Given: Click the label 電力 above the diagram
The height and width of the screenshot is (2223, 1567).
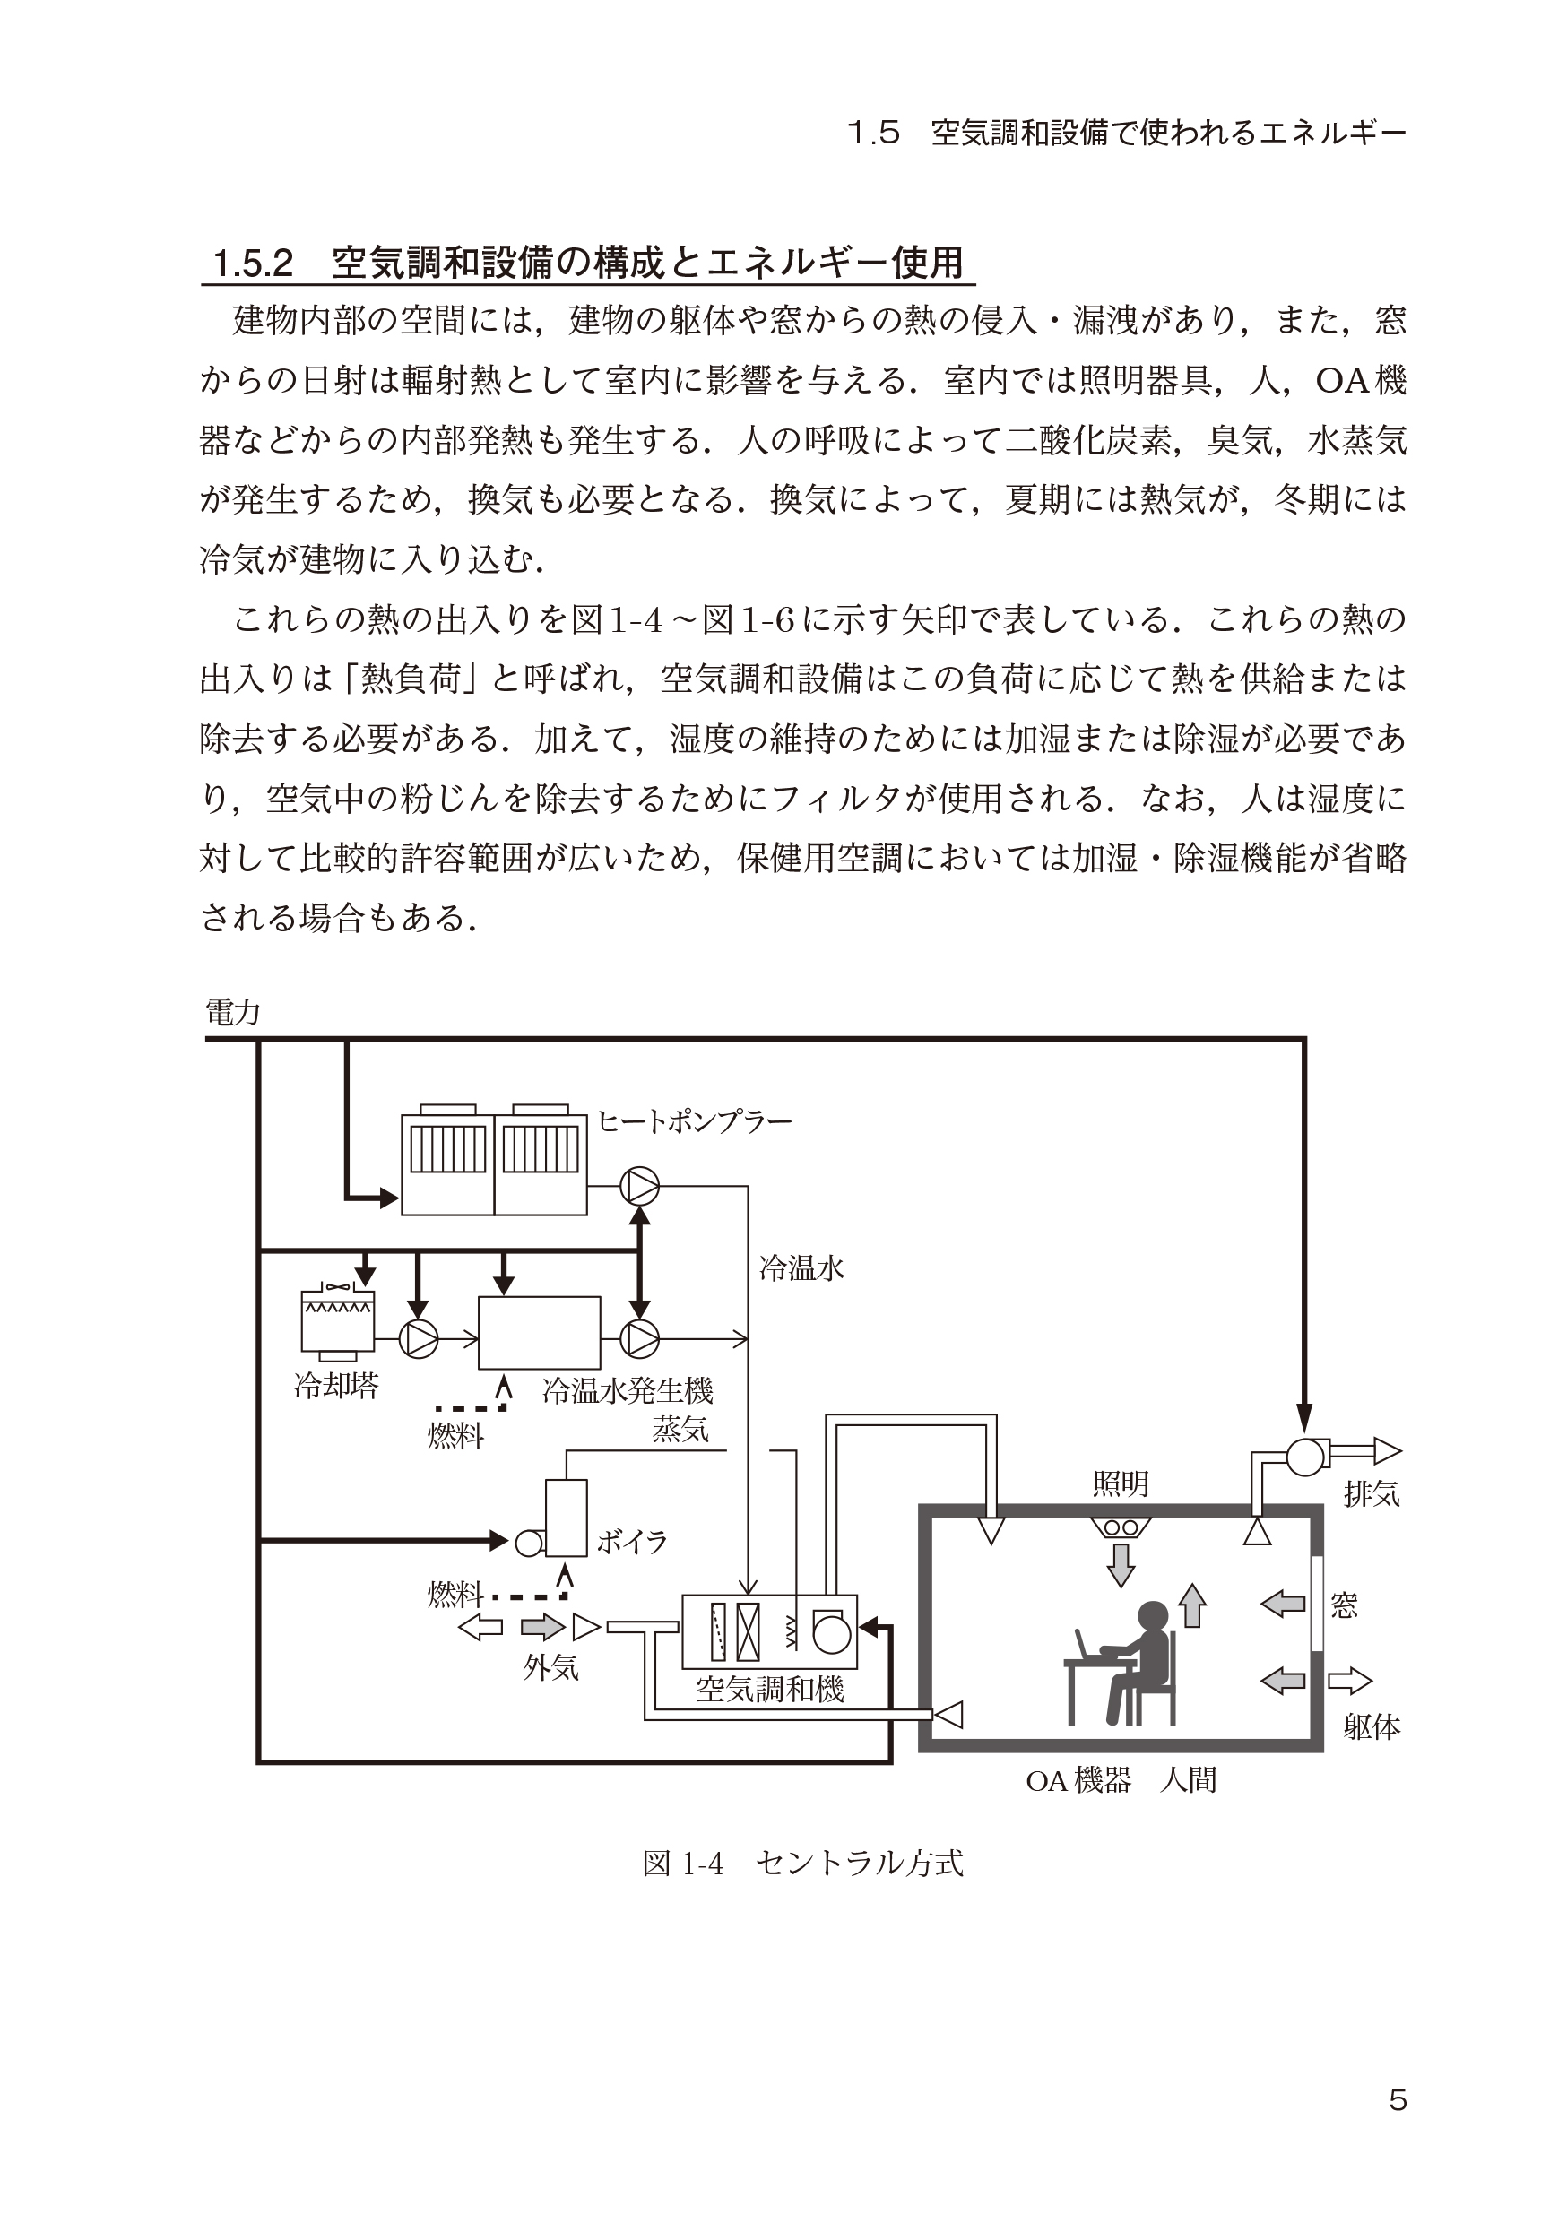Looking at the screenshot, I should tap(232, 1013).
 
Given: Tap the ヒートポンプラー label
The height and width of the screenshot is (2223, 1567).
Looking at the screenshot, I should tap(694, 1122).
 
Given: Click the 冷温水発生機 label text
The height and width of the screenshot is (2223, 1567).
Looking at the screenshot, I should tap(628, 1391).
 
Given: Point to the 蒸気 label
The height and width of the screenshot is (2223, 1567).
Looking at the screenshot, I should tap(680, 1430).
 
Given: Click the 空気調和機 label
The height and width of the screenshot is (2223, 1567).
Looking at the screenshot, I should tap(770, 1690).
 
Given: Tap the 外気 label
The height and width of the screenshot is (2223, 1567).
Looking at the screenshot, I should tap(550, 1666).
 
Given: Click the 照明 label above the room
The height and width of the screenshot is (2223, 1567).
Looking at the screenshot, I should tap(1121, 1483).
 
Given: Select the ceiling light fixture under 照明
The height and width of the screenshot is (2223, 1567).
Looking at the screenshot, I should tap(1121, 1527).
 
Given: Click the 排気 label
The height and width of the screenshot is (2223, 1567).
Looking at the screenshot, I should tap(1372, 1494).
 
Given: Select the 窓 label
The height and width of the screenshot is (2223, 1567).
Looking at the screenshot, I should tap(1345, 1606).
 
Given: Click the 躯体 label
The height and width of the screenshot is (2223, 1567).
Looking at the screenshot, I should tap(1372, 1727).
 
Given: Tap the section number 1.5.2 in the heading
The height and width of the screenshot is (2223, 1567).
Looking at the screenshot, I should tap(253, 264).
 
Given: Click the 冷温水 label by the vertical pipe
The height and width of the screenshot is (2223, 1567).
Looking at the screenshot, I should tap(802, 1268).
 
